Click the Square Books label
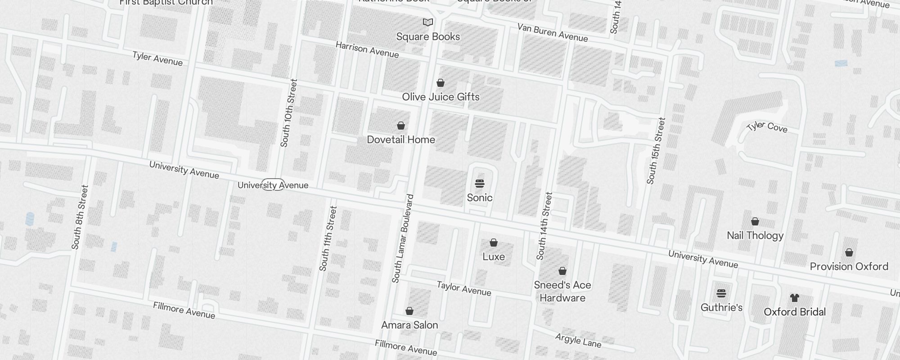point(428,36)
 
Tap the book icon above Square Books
point(428,22)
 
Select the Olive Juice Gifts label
point(441,97)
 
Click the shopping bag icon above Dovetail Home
point(401,126)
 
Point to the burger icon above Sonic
point(480,184)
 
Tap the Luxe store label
point(494,256)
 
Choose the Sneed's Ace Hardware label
point(562,291)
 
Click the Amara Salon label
point(409,325)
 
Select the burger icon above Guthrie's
point(721,293)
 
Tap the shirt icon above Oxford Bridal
point(795,298)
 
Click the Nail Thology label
point(755,235)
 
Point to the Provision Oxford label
point(849,266)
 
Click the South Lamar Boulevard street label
point(403,238)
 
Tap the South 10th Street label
point(288,113)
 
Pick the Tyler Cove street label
point(767,126)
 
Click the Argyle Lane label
point(578,341)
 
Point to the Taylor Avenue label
point(464,288)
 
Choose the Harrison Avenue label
point(367,50)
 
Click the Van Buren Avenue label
point(553,32)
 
